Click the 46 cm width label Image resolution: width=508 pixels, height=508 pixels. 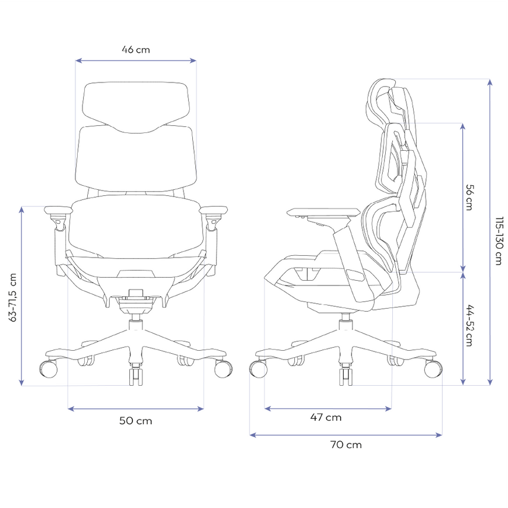click(136, 50)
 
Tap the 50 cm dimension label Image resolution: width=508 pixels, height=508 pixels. click(135, 421)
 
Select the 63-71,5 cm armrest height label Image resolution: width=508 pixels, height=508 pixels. click(12, 297)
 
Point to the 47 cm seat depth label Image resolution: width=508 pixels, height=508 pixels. click(326, 417)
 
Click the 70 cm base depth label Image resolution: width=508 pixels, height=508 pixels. click(346, 444)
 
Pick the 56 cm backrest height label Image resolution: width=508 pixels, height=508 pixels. click(469, 197)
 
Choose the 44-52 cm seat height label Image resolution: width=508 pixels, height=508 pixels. click(469, 326)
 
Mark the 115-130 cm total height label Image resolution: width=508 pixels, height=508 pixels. click(499, 241)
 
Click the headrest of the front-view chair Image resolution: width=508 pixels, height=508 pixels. click(136, 107)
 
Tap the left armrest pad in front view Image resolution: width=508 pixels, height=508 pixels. click(58, 209)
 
